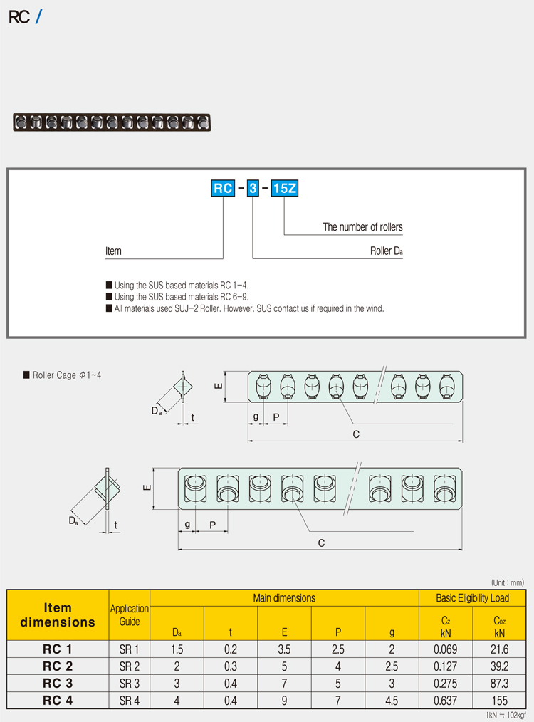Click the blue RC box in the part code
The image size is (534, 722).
tap(224, 189)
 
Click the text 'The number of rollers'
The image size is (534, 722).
tap(362, 227)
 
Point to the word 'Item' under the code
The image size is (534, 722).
tap(113, 251)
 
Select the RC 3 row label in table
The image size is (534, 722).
tap(58, 684)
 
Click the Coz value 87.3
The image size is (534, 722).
tap(500, 684)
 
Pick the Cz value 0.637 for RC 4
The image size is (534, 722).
tap(446, 701)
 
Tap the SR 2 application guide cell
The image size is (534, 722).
tap(130, 666)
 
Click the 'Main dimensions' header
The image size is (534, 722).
tap(284, 598)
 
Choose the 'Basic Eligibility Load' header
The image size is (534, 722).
tap(473, 598)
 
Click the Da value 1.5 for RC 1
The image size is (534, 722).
tap(177, 649)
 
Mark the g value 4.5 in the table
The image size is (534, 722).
tap(391, 701)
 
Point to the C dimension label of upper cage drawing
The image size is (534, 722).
tap(355, 434)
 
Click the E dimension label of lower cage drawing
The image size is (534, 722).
tap(146, 488)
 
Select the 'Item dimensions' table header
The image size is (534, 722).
tap(58, 614)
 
